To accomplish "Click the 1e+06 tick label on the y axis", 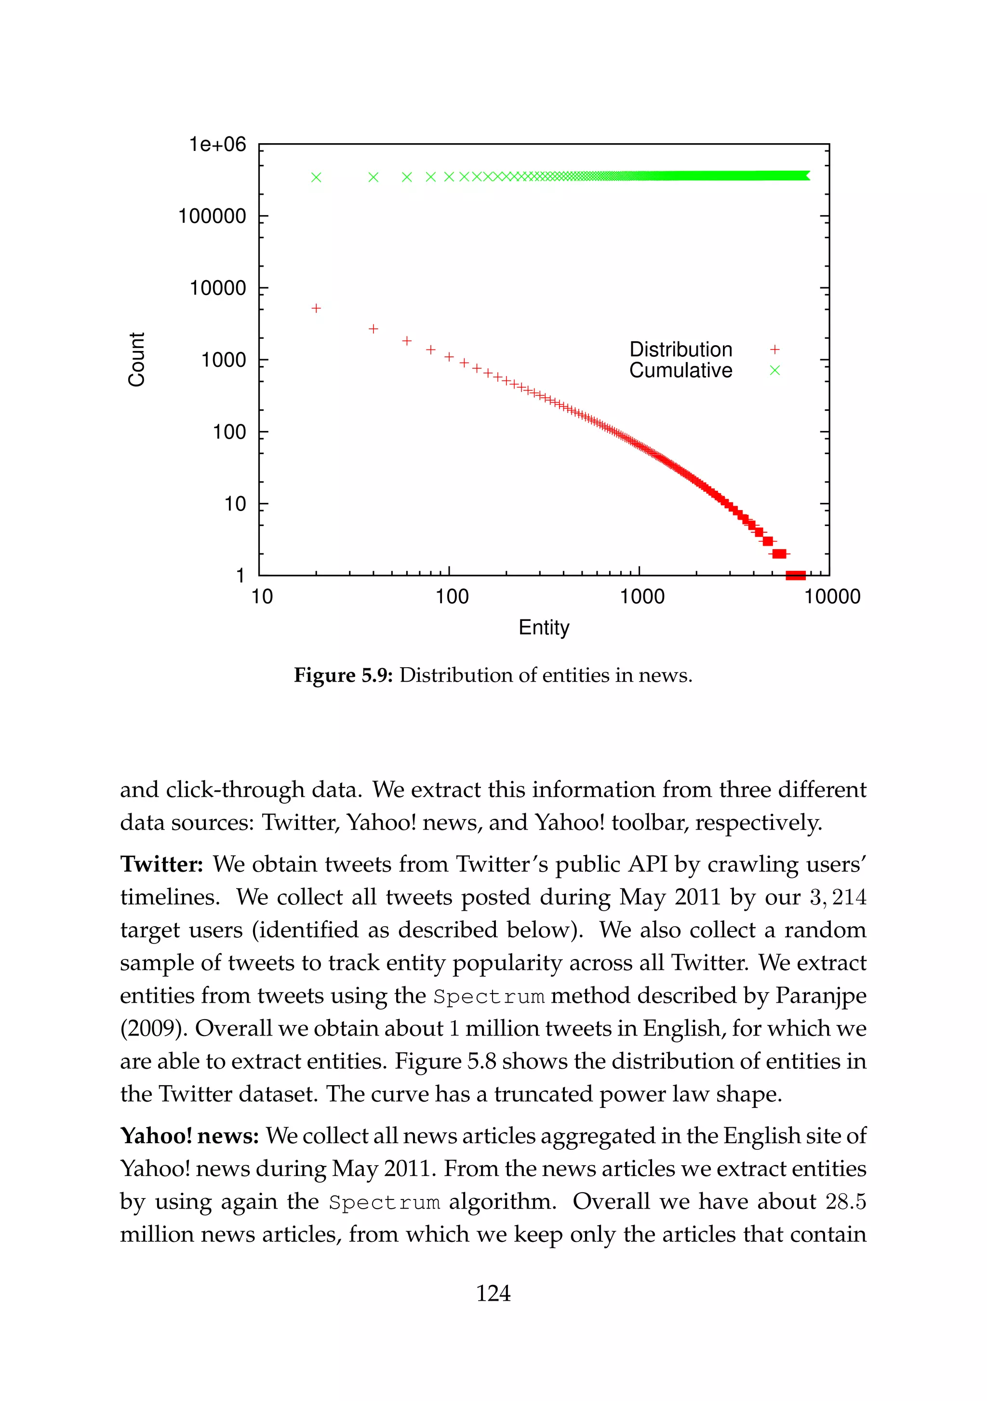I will point(217,145).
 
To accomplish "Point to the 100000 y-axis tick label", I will point(212,216).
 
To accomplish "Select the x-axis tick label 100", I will point(452,597).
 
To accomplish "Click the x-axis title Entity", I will point(544,627).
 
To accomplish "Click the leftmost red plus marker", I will point(316,309).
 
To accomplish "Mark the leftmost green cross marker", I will point(316,177).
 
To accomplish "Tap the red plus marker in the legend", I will point(775,350).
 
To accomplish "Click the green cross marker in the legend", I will point(775,370).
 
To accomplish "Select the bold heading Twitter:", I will point(161,864).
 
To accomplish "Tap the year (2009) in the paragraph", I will point(152,1029).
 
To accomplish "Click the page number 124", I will point(493,1293).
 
